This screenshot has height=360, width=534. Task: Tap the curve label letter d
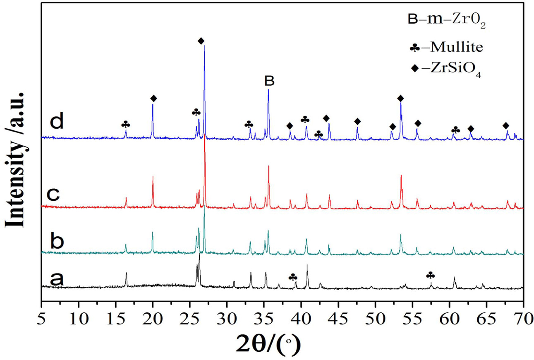click(x=57, y=122)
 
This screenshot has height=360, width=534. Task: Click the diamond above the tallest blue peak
click(x=201, y=41)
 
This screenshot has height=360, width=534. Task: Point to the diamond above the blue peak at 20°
click(x=153, y=98)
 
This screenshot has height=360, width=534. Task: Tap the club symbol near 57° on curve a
click(x=430, y=275)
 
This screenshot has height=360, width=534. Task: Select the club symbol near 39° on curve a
click(x=293, y=277)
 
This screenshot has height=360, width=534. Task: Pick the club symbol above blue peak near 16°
click(x=126, y=125)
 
